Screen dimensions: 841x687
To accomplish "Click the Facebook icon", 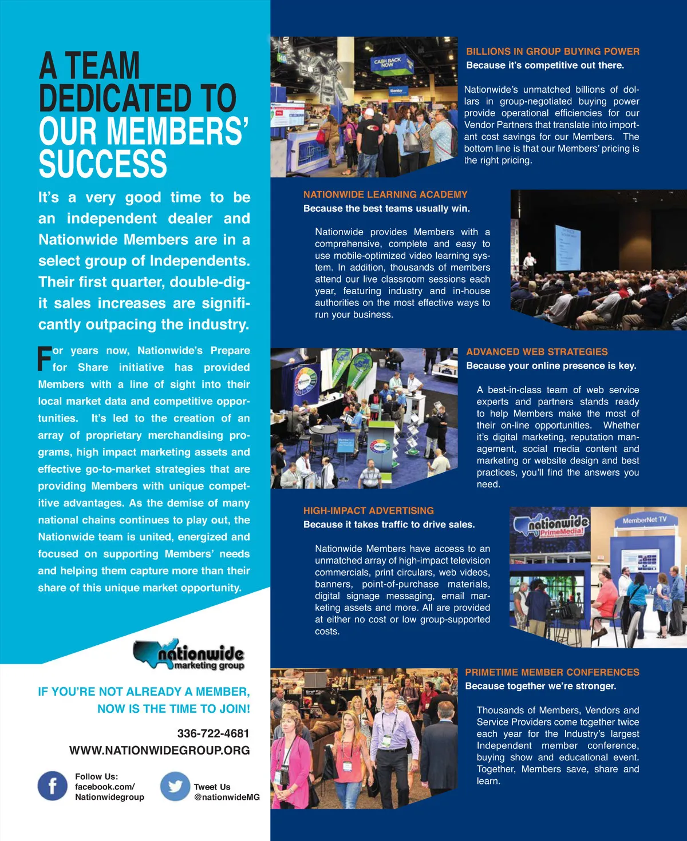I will click(52, 786).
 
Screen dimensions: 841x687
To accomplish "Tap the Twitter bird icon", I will click(175, 786).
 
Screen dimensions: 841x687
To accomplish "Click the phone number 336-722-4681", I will click(213, 733).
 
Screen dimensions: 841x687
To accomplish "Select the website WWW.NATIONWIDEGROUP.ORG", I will click(159, 750).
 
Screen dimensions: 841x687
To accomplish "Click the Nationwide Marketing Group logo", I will click(189, 654).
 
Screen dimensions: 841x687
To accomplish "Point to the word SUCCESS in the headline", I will click(103, 164).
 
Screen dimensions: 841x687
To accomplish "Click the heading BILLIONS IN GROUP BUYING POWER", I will click(552, 51).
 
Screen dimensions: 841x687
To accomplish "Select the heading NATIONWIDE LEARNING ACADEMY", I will click(385, 195).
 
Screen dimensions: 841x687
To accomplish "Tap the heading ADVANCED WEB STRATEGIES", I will click(536, 352).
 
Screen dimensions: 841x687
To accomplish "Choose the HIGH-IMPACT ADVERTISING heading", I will click(368, 510).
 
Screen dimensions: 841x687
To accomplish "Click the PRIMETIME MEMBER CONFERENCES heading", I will click(552, 672).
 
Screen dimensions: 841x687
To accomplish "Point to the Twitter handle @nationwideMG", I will click(227, 797).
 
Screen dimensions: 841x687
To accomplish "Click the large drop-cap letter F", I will click(44, 359).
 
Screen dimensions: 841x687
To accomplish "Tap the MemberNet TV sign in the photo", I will click(644, 520).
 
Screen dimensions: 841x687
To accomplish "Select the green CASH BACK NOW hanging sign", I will click(388, 61).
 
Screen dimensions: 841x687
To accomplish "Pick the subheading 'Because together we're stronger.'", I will click(540, 686).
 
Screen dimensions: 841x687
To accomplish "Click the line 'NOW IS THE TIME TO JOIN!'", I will click(173, 709).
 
